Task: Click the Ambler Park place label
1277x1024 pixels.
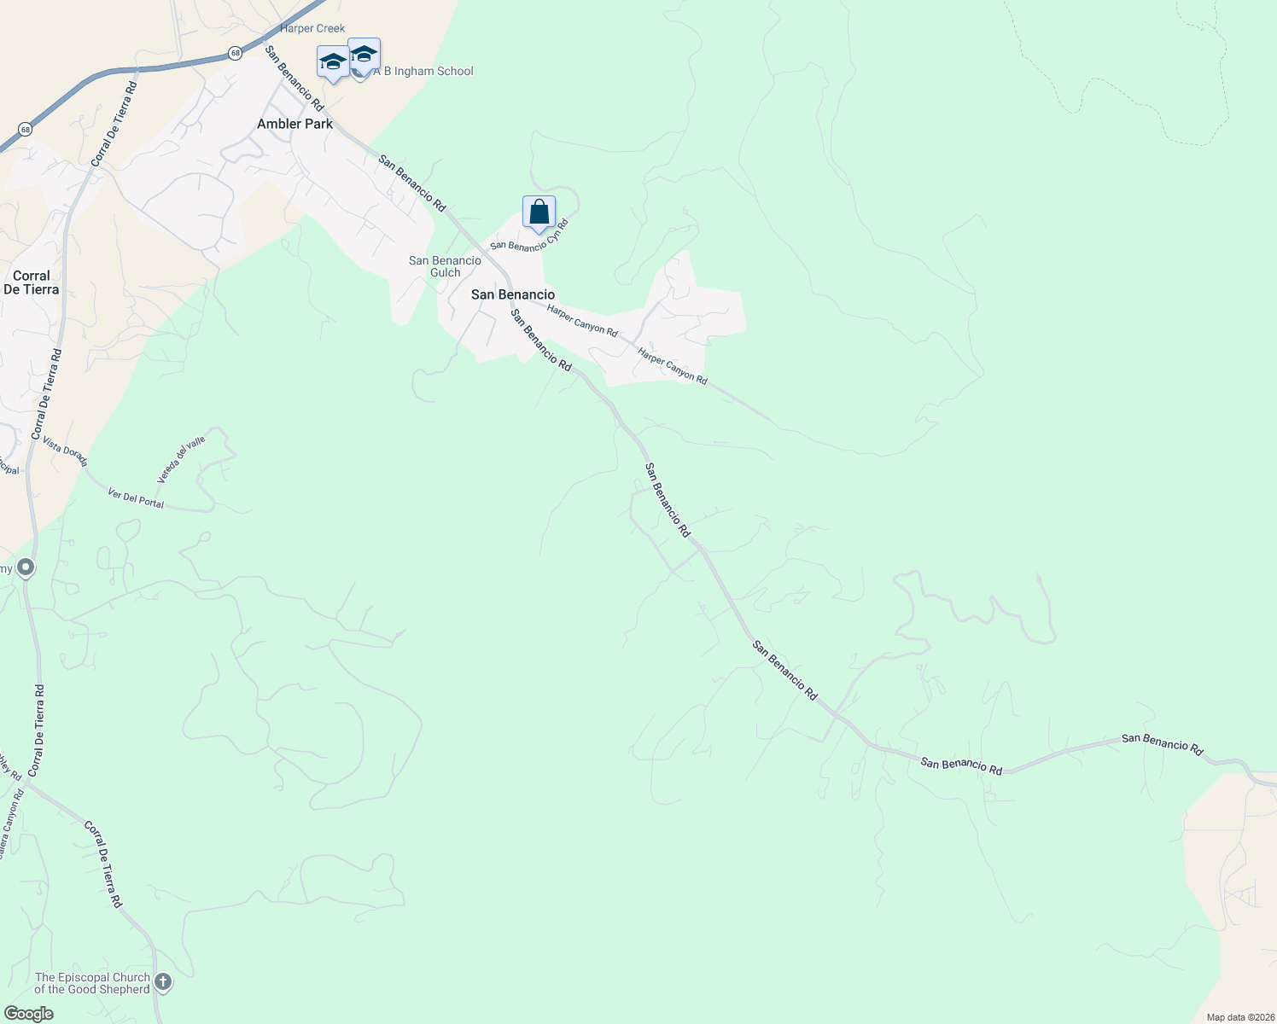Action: tap(294, 124)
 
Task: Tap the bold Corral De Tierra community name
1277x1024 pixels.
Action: tap(32, 282)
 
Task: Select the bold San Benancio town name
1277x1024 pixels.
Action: tap(513, 294)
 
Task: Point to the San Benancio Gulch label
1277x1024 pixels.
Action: tap(445, 266)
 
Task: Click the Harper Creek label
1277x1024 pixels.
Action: tap(312, 28)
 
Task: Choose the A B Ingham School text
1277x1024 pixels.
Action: tap(424, 71)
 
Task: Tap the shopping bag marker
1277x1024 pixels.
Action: tap(539, 212)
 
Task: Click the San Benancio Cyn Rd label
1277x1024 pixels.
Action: tap(529, 236)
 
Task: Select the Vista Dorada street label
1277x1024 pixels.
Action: tap(65, 452)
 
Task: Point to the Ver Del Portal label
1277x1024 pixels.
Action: tap(137, 497)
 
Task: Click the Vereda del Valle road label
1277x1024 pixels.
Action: tap(181, 460)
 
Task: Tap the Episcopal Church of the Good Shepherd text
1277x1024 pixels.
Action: tap(92, 983)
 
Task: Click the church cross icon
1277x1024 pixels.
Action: tap(163, 982)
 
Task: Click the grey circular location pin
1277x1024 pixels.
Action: tap(26, 567)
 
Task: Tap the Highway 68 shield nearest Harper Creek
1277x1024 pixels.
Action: tap(236, 54)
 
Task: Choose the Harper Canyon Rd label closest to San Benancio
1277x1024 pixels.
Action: tap(582, 320)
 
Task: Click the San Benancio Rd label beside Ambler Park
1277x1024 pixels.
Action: tap(294, 79)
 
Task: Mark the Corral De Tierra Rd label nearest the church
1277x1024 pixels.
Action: tap(103, 864)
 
